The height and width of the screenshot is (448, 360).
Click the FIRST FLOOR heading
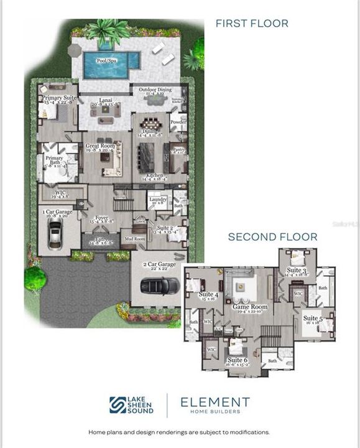point(252,24)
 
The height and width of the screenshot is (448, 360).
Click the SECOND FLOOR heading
point(272,236)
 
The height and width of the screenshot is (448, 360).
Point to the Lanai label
point(106,100)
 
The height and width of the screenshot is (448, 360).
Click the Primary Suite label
point(58,98)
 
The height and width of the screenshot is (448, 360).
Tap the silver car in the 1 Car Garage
point(55,235)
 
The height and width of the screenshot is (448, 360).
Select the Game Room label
point(249,307)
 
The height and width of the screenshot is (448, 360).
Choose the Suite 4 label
point(207,294)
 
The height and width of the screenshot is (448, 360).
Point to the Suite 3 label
point(296,271)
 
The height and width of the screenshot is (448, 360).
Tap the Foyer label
point(101,218)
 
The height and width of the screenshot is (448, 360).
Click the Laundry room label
point(157,199)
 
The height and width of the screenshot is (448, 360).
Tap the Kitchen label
point(155,175)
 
